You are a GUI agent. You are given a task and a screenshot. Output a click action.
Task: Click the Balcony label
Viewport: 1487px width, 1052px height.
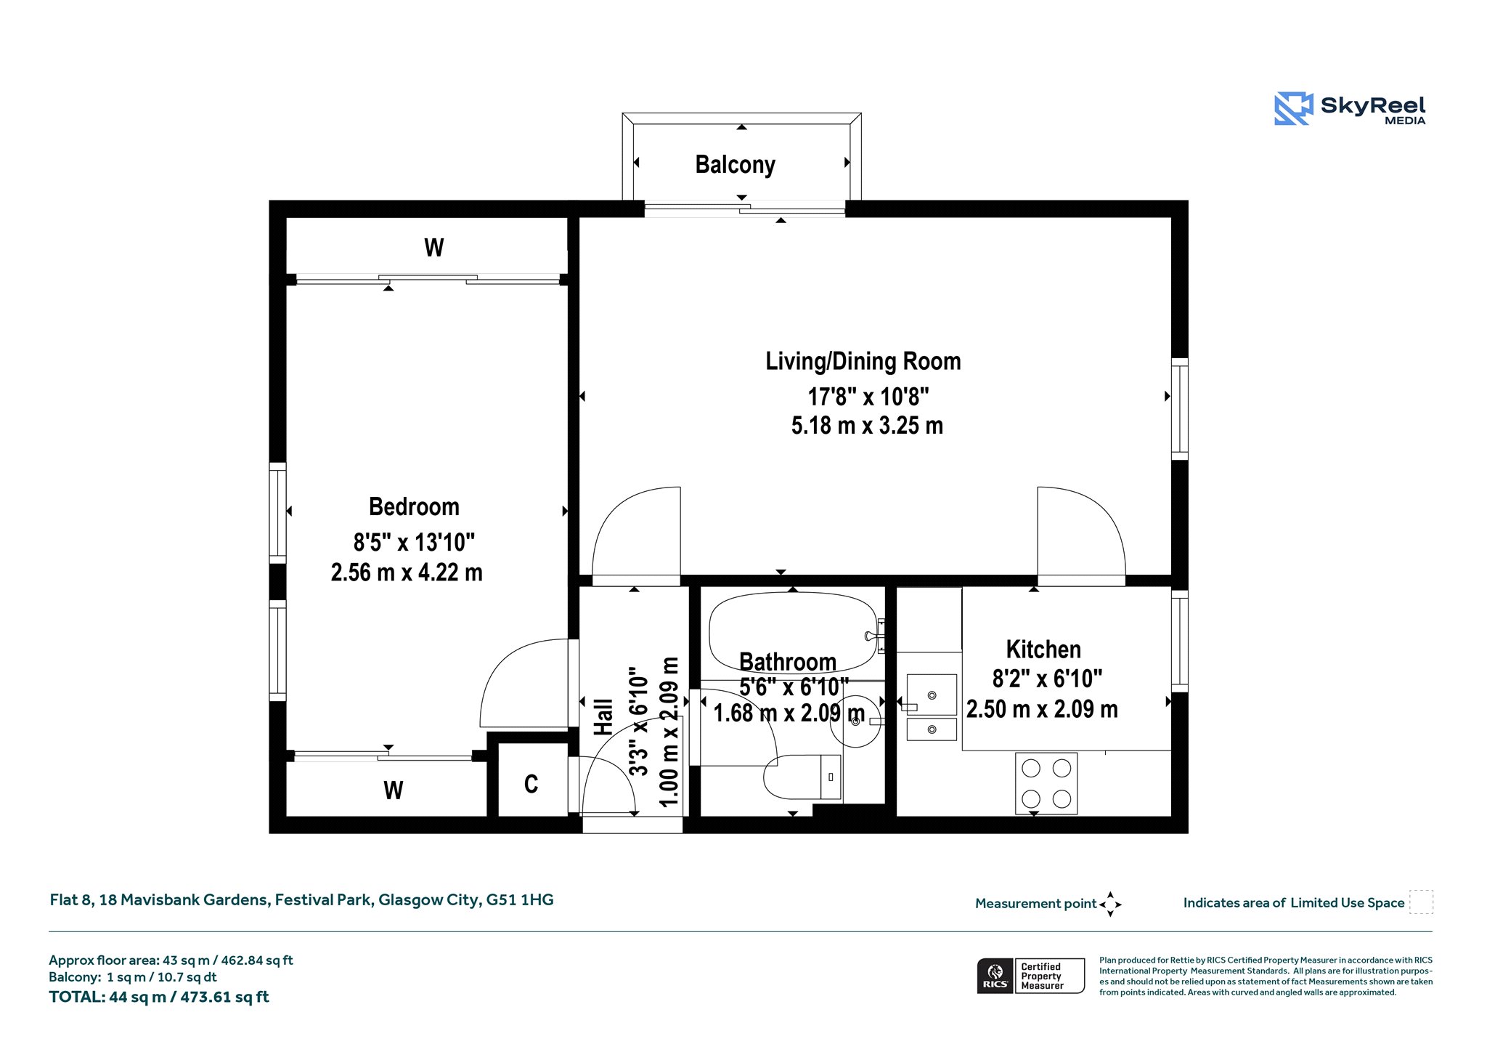coord(735,165)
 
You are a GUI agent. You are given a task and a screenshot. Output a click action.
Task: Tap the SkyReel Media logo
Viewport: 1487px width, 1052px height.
coord(1350,109)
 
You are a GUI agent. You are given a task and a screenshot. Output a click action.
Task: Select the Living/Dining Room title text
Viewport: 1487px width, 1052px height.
coord(863,361)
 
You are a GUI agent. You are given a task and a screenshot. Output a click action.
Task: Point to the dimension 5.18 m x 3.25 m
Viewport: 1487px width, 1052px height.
coord(867,426)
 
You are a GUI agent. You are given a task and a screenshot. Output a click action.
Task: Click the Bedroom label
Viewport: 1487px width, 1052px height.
coord(414,506)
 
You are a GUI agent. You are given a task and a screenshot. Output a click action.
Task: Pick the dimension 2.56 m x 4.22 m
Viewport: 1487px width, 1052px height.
coord(407,572)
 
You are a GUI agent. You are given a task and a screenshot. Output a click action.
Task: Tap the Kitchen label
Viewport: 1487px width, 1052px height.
coord(1043,649)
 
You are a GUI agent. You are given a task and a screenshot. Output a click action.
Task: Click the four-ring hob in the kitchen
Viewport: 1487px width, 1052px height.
coord(1046,783)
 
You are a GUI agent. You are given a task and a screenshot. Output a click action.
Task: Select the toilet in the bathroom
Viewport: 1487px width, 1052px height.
coord(803,777)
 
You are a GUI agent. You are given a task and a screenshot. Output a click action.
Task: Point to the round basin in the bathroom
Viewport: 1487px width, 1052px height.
coord(855,721)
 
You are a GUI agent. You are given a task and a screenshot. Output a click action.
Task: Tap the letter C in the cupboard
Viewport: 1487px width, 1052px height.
coord(531,784)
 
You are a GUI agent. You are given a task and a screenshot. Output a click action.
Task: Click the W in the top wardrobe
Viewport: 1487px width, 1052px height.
coord(434,248)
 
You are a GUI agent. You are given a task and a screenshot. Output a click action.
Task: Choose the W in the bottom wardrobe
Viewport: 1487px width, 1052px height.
coord(394,790)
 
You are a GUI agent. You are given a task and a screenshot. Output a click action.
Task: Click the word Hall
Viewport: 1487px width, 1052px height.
coord(604,717)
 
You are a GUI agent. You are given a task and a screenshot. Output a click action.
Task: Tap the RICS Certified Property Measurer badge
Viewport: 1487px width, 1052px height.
coord(1030,976)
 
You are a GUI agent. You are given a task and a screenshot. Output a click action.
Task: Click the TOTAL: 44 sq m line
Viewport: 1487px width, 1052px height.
coord(159,998)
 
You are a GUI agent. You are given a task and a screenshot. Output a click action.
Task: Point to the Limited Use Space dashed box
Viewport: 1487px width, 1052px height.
coord(1421,902)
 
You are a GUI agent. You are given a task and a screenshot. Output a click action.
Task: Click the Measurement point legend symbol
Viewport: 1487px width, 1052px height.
coord(1110,905)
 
